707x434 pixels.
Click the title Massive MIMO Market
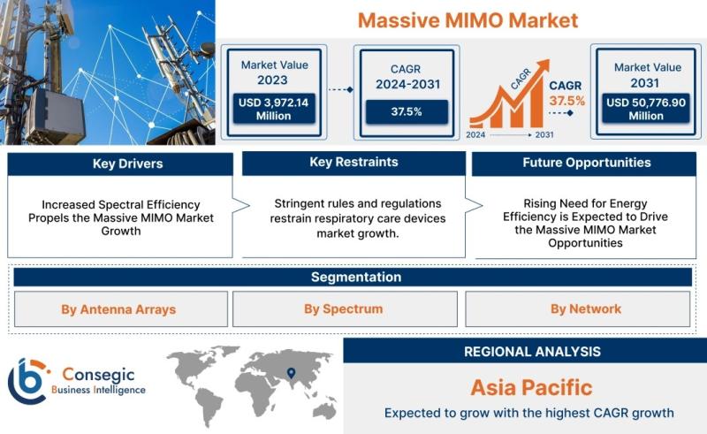click(468, 20)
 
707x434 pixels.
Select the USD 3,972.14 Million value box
click(274, 109)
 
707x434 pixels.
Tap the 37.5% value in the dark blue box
click(407, 111)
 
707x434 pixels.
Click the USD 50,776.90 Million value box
click(646, 109)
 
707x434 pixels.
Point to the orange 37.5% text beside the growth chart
click(566, 101)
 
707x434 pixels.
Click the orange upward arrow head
click(543, 66)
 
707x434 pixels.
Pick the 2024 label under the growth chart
click(475, 134)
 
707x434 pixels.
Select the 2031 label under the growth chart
click(544, 134)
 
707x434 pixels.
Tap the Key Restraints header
click(354, 163)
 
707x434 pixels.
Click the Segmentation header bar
click(353, 277)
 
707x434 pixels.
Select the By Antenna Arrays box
click(121, 309)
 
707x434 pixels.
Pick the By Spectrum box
click(345, 309)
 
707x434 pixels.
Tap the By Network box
click(578, 309)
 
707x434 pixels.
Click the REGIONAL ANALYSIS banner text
click(533, 352)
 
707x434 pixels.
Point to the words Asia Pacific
click(532, 387)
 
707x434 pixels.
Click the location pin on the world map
click(292, 373)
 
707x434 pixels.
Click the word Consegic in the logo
click(98, 375)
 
